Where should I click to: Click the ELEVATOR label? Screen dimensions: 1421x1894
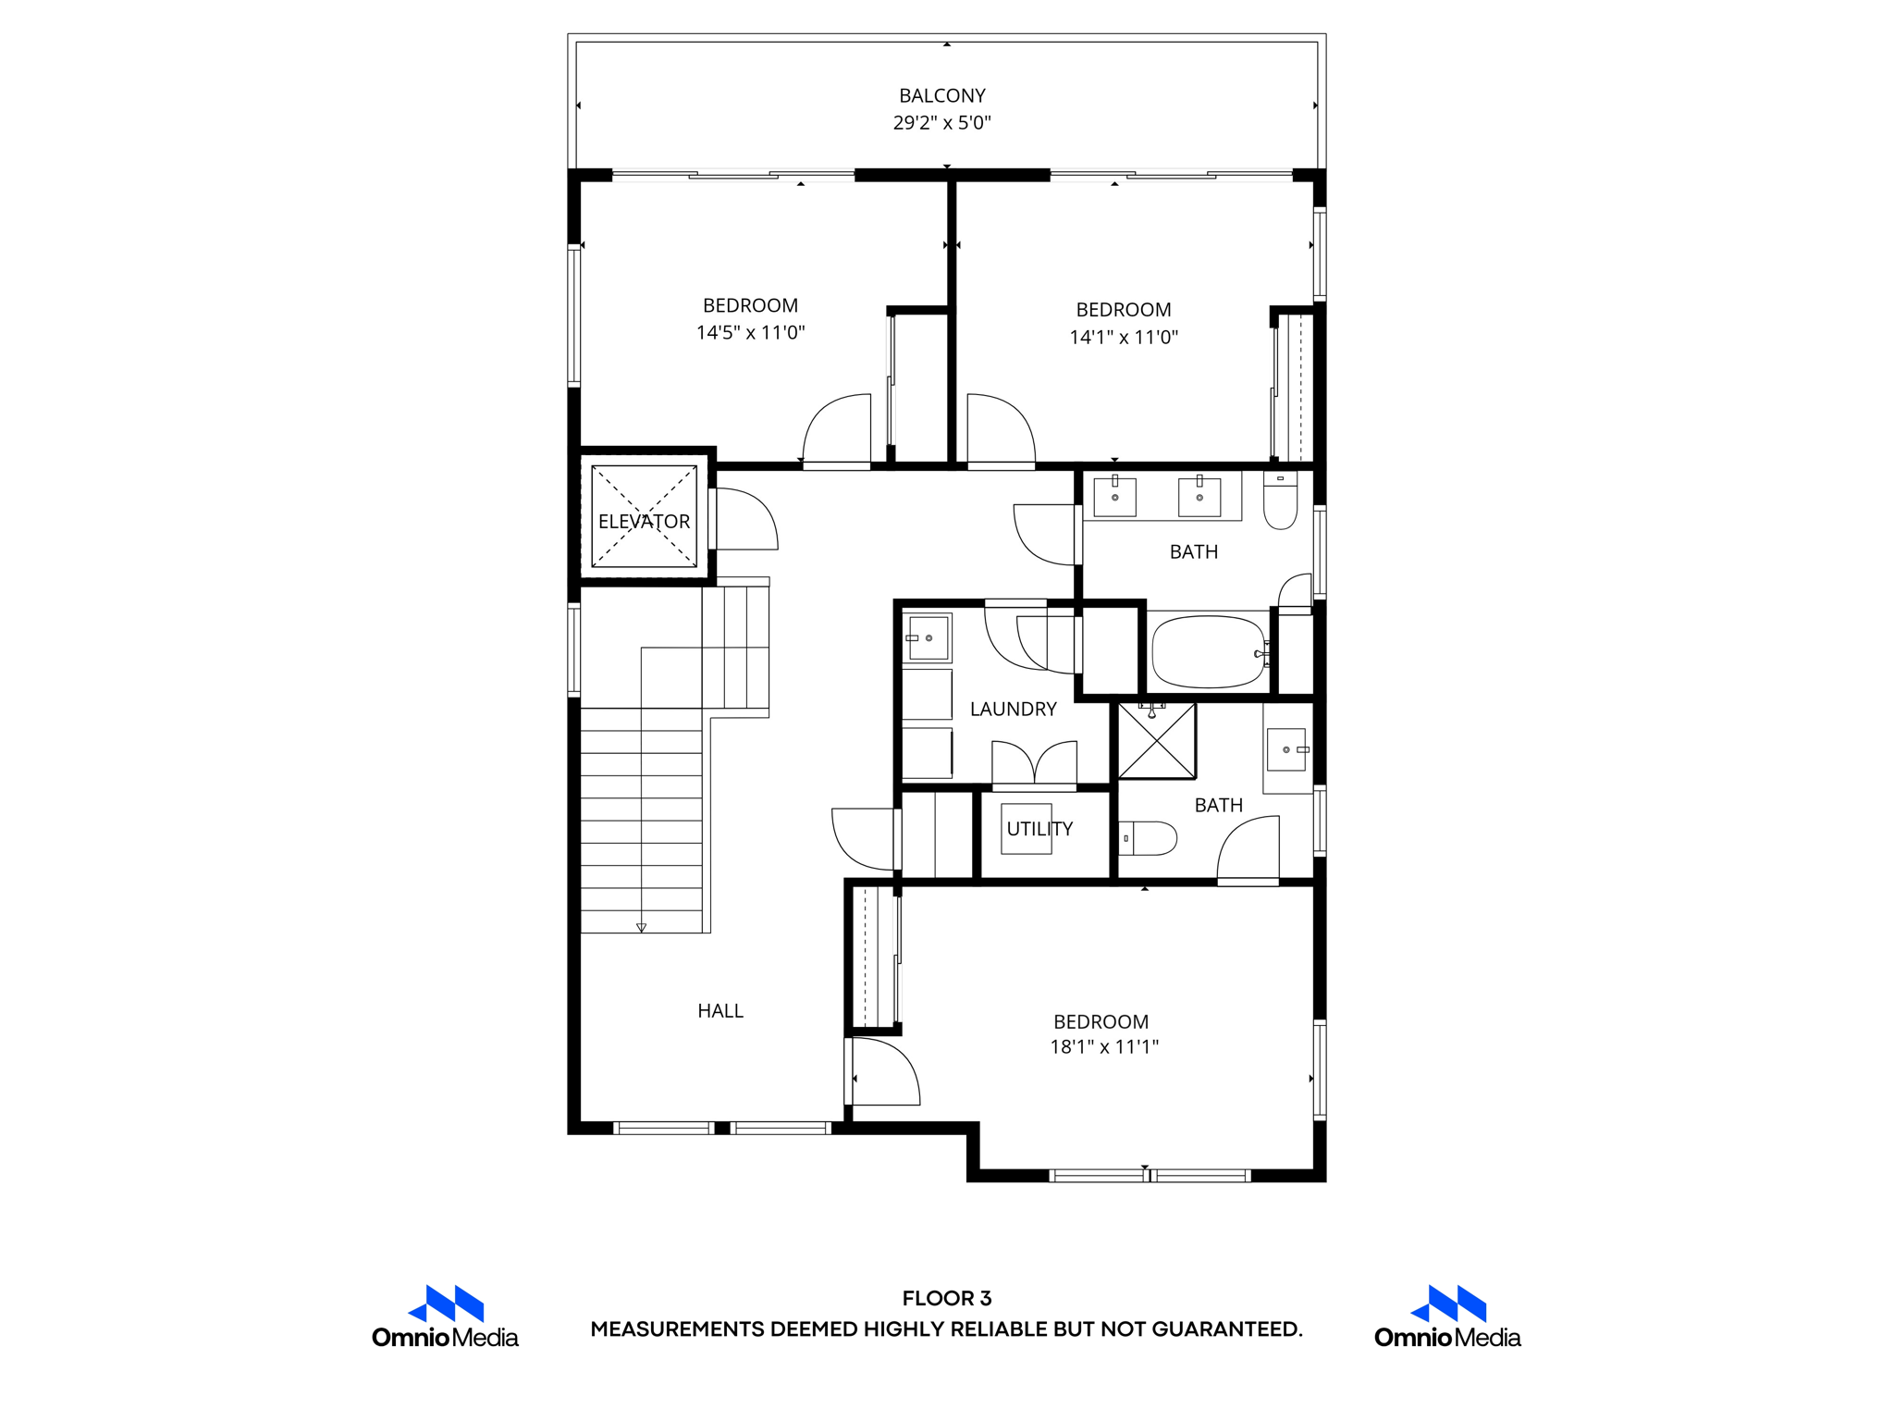coord(644,522)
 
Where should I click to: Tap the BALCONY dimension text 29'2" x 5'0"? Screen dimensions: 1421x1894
coord(941,123)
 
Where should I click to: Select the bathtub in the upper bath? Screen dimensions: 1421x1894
coord(1208,652)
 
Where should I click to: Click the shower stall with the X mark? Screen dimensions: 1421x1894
coord(1156,740)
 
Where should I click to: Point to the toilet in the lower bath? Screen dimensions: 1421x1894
coord(1149,838)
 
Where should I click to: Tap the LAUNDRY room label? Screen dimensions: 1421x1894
coord(1013,710)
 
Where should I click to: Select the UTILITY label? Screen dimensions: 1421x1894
coord(1039,829)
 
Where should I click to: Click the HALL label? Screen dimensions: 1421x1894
coord(720,1011)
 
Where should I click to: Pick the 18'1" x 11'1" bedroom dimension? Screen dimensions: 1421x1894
coord(1103,1047)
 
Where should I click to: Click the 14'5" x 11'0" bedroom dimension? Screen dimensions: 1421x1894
coord(750,333)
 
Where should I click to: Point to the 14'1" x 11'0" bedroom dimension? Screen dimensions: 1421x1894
coord(1124,338)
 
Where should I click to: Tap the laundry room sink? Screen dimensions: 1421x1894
coord(928,638)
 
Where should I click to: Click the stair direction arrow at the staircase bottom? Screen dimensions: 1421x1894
coord(641,927)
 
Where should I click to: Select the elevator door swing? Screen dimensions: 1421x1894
coord(745,521)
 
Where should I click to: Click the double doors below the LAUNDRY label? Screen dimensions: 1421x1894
coord(1034,764)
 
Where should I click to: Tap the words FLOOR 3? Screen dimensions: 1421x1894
coord(946,1298)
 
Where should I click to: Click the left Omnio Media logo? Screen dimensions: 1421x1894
coord(445,1316)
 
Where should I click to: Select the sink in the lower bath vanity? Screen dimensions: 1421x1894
coord(1287,749)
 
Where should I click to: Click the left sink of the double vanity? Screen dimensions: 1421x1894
coord(1114,497)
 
